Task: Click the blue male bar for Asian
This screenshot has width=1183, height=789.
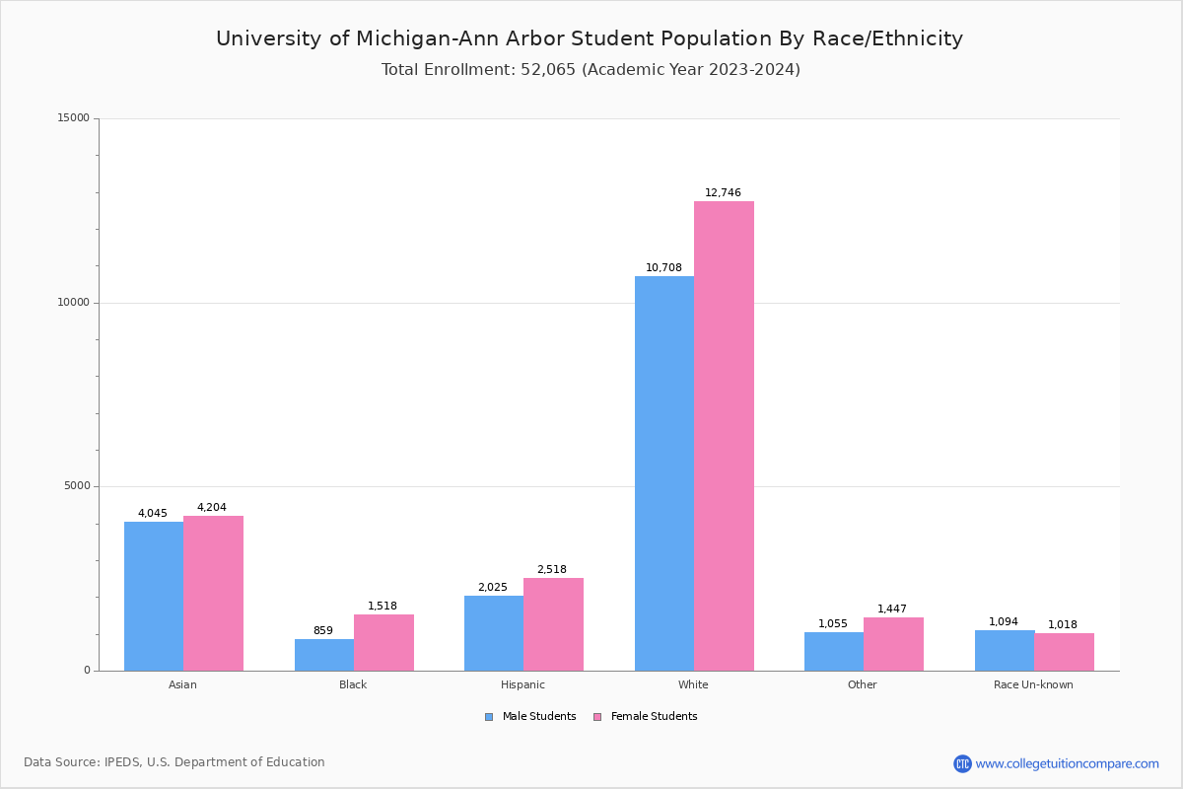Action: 154,596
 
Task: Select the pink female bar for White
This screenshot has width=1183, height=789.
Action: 724,436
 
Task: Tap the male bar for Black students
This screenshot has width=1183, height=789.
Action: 324,655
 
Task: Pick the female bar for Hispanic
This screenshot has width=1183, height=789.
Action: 553,624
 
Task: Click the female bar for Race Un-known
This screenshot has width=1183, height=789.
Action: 1064,652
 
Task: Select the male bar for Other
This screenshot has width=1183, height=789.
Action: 834,651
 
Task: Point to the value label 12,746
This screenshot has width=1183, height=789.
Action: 723,193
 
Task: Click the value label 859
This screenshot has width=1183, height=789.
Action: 323,631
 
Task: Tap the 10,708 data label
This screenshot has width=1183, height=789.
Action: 663,268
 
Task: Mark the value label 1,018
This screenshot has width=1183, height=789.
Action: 1063,625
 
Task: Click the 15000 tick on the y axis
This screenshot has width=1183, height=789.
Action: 74,118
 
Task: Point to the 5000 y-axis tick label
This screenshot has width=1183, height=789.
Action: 77,486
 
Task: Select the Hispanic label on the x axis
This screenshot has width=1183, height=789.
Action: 522,684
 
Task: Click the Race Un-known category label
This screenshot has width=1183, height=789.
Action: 1033,684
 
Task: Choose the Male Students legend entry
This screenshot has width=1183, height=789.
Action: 538,717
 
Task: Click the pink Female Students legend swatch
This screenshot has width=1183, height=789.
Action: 597,717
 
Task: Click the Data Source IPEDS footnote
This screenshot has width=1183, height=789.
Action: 174,762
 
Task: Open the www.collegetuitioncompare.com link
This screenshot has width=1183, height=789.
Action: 1067,763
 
